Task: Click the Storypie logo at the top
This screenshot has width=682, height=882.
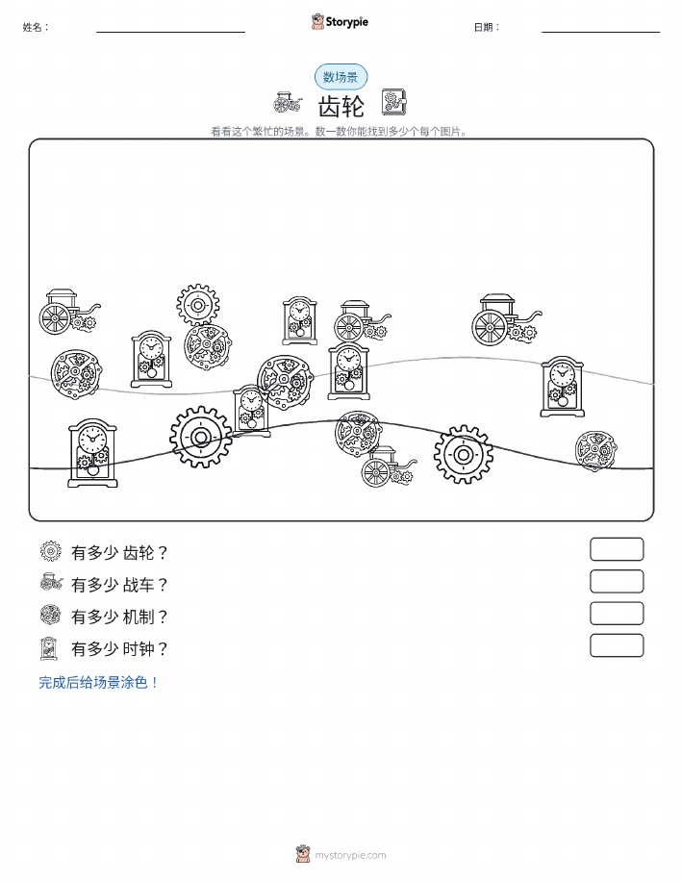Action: click(340, 21)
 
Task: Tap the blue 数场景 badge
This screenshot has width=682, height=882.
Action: click(341, 77)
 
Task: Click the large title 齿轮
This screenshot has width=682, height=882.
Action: click(341, 106)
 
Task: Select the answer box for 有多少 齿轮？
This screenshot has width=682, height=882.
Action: click(617, 549)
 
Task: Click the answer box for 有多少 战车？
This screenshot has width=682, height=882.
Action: click(617, 582)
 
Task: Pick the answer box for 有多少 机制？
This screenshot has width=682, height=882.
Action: click(617, 614)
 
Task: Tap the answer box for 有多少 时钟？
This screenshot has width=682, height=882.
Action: click(617, 645)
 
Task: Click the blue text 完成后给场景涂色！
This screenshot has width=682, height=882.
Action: click(98, 682)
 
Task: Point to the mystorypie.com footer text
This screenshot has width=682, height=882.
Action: click(350, 855)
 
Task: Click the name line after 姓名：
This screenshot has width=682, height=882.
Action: click(170, 32)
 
